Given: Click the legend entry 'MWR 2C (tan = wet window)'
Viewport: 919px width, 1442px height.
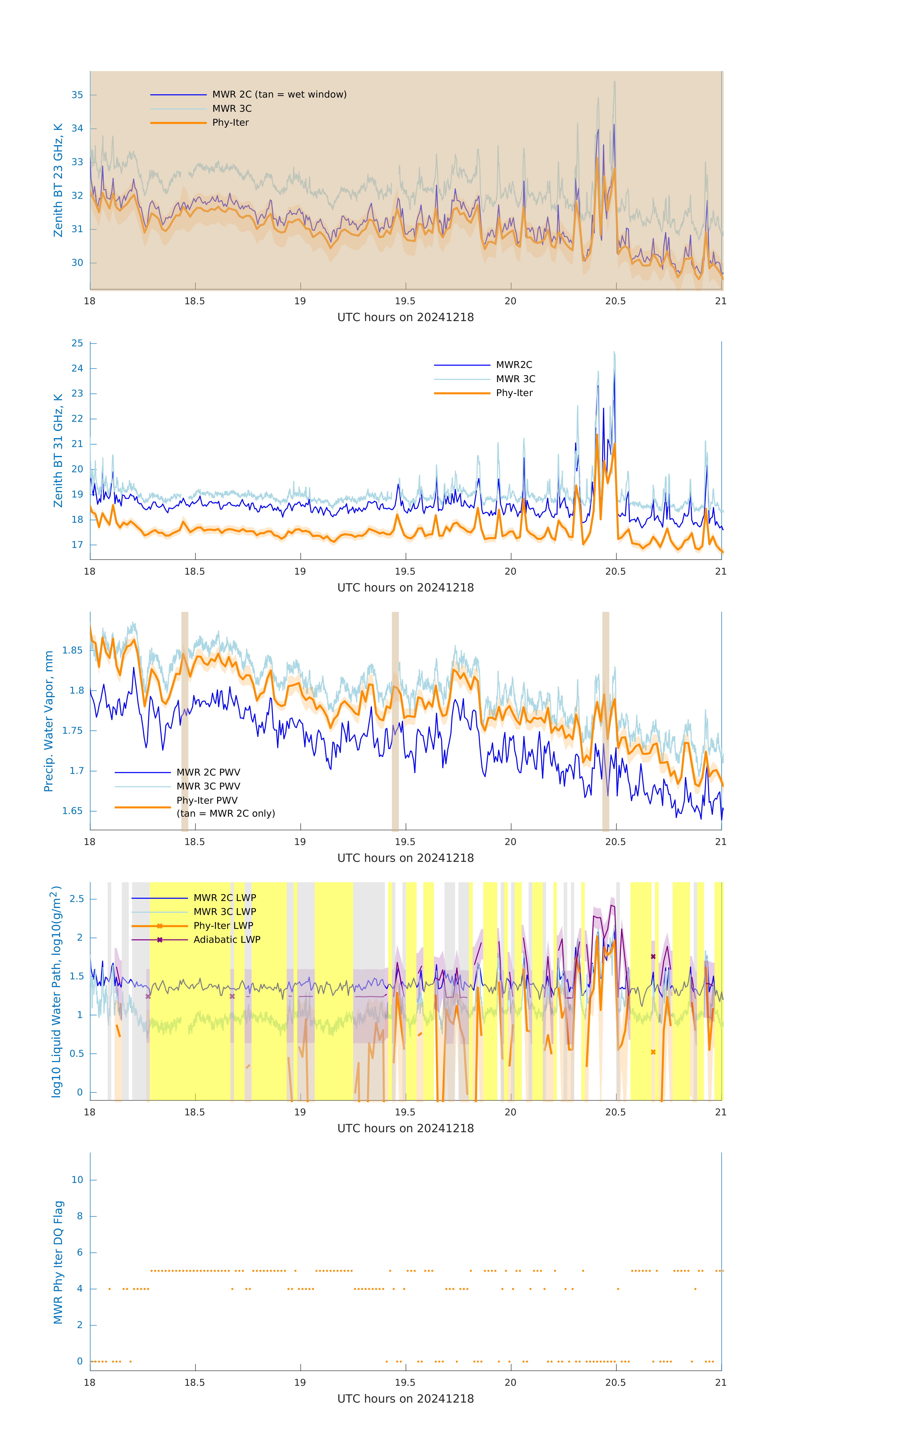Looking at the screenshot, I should [x=279, y=95].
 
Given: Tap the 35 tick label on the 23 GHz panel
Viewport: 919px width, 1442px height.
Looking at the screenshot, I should [x=77, y=95].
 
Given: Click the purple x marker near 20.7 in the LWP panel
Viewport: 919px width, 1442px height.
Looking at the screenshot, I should [x=653, y=956].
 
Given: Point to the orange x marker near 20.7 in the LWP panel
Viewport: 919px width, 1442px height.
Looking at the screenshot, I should [x=653, y=1052].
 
